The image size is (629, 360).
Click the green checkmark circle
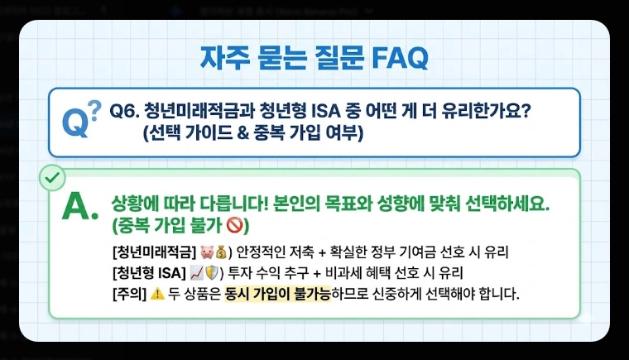pyautogui.click(x=52, y=177)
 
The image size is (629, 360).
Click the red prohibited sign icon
pyautogui.click(x=234, y=224)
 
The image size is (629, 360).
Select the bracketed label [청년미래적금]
pyautogui.click(x=153, y=252)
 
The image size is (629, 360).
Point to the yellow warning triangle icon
pyautogui.click(x=158, y=294)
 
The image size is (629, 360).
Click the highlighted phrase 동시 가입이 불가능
pyautogui.click(x=277, y=294)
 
